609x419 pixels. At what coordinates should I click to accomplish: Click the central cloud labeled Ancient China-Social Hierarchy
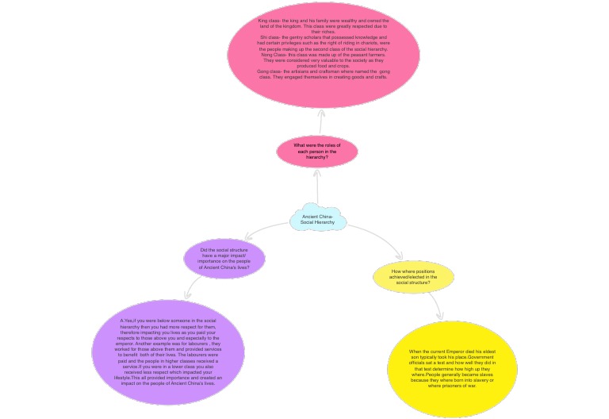(x=317, y=218)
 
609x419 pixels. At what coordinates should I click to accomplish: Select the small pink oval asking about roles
(x=317, y=151)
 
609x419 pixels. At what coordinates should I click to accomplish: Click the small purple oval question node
(x=224, y=259)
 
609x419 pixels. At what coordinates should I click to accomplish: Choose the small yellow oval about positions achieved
(x=413, y=276)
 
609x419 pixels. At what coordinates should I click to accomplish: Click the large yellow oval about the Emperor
(x=451, y=368)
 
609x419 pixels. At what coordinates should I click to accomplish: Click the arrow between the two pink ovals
(x=321, y=121)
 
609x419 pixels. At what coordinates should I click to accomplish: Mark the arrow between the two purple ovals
(x=193, y=287)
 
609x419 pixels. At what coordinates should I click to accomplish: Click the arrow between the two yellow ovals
(x=435, y=306)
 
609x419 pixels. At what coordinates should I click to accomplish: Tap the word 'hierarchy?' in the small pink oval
(x=317, y=157)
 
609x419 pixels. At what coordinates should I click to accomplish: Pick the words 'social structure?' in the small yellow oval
(x=412, y=282)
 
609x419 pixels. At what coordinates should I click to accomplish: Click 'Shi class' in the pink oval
(x=270, y=37)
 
